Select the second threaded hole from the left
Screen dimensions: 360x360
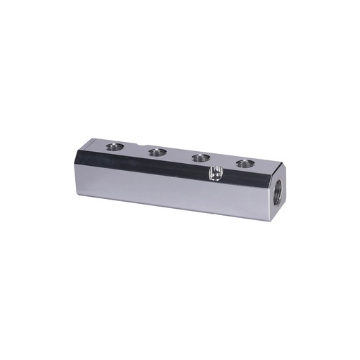(157, 152)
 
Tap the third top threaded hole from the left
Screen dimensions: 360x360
(201, 157)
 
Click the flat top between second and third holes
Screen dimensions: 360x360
(179, 155)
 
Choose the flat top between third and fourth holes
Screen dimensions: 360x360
(223, 160)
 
